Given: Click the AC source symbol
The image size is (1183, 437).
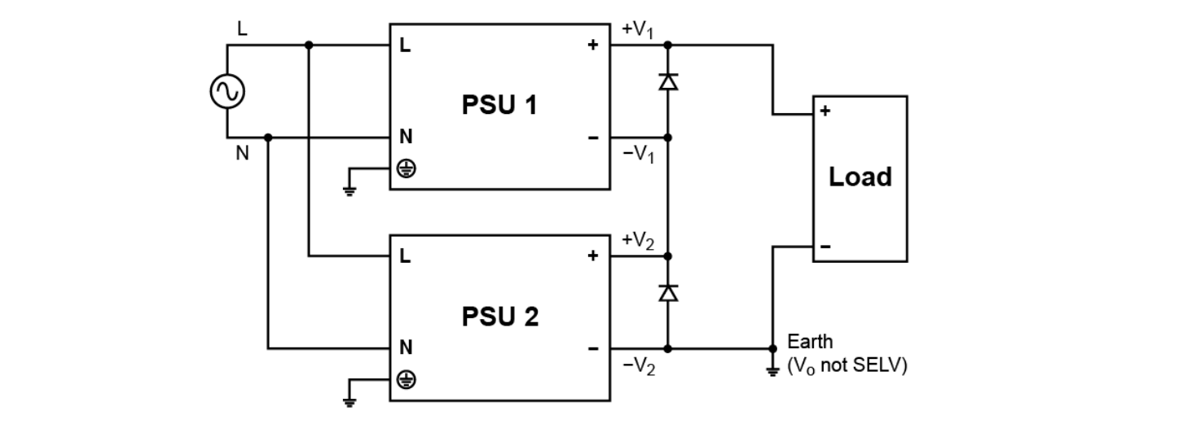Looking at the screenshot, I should click(x=226, y=92).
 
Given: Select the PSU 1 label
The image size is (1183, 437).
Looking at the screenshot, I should click(x=499, y=106).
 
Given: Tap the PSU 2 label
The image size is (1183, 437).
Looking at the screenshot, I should click(x=499, y=317).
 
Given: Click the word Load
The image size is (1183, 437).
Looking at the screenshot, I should click(x=860, y=177).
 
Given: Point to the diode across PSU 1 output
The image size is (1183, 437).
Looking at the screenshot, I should click(x=668, y=81).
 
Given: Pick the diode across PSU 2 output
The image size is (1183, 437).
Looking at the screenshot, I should click(x=668, y=293).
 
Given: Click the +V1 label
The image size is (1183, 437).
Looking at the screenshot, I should click(x=638, y=29).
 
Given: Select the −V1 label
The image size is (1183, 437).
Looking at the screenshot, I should click(x=638, y=155).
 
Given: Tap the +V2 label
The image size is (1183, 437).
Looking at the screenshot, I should click(x=638, y=240).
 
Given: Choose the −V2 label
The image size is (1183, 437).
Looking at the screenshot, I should click(x=638, y=367).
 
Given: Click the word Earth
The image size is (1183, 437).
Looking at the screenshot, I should click(x=810, y=342).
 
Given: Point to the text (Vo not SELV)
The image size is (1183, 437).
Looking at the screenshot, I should click(x=847, y=367).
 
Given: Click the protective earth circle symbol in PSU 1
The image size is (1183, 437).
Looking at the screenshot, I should click(x=405, y=168).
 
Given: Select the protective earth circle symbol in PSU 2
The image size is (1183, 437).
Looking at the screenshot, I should click(x=405, y=380).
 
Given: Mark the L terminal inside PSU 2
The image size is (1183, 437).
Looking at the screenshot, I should click(x=405, y=257).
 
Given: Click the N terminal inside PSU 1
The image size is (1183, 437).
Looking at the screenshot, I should click(x=405, y=138).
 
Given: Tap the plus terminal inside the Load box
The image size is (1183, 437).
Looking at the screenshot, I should click(x=825, y=112).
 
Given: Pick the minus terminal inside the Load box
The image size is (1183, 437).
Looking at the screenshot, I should click(x=825, y=246).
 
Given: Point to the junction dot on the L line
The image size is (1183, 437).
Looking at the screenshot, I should click(x=308, y=46).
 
